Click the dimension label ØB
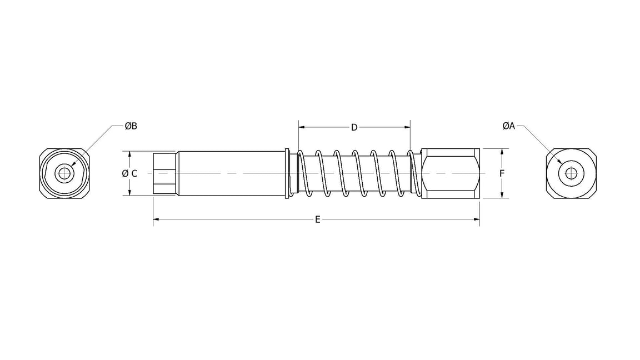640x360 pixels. point(131,126)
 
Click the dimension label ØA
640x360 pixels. point(508,126)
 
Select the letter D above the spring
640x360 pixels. point(354,128)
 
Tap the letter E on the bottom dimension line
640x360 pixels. point(317,219)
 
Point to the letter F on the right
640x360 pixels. point(502,173)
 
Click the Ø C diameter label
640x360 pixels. point(129,173)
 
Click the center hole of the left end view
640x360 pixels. point(65,173)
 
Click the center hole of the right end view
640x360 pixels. point(571,173)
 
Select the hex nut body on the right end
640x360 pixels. point(451,173)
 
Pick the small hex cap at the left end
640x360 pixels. point(164,173)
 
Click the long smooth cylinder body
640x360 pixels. point(231,173)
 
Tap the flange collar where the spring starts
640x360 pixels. point(287,173)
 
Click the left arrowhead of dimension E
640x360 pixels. point(156,219)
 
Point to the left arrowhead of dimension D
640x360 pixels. point(302,128)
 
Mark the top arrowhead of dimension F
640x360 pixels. point(502,151)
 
